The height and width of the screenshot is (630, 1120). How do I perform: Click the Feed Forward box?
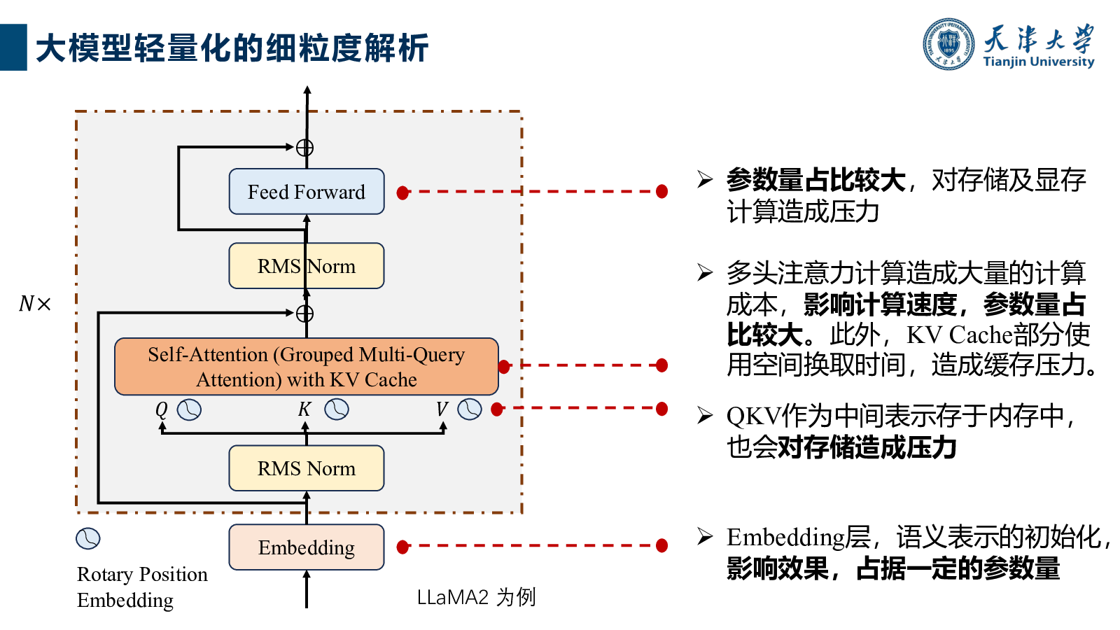307,192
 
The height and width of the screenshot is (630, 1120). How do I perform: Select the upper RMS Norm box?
307,266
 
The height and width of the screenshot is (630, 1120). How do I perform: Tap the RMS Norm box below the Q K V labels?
307,468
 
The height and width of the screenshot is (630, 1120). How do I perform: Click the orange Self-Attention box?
307,367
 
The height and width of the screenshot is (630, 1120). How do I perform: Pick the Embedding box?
307,547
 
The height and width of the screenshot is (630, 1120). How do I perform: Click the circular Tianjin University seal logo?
948,44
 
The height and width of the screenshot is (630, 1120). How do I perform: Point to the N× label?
34,304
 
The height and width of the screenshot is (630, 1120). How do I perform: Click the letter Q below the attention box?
161,410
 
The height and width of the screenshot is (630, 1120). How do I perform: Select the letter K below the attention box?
304,409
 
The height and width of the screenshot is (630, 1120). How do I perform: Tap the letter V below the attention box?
442,409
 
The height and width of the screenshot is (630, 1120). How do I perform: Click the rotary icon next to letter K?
337,409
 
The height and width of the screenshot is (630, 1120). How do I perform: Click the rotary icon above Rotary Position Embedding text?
88,538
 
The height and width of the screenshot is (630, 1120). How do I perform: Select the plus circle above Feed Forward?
305,148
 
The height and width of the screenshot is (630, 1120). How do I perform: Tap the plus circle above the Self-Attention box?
305,314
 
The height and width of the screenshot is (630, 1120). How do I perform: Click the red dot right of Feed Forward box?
402,192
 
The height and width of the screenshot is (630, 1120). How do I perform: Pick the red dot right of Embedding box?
402,547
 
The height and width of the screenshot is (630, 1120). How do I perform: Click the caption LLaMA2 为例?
477,597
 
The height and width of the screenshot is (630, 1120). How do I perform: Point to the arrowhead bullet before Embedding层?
705,536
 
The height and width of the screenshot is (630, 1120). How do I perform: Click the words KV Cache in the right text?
960,335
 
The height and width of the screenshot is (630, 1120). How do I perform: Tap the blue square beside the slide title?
13,48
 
